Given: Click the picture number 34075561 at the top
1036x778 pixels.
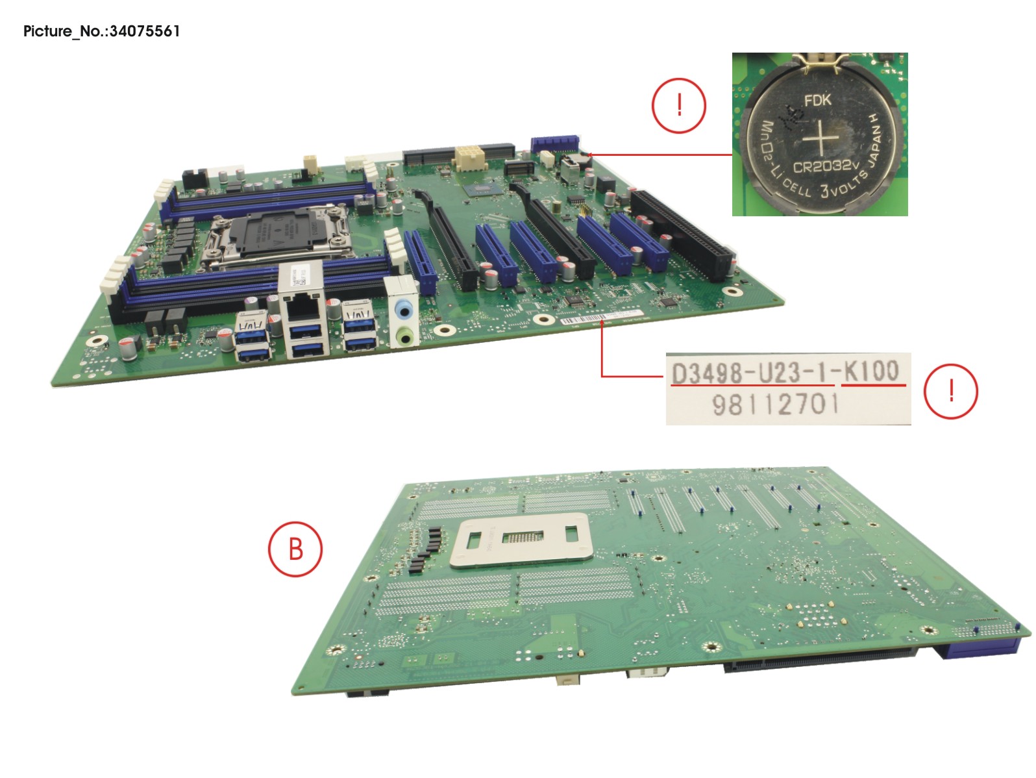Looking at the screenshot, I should pyautogui.click(x=144, y=31).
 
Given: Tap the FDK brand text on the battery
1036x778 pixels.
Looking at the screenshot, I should pyautogui.click(x=817, y=101).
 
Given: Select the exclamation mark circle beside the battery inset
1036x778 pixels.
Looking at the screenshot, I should pyautogui.click(x=679, y=105).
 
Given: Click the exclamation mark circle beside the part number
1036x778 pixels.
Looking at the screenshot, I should pyautogui.click(x=950, y=391).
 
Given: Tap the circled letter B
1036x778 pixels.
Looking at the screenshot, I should pyautogui.click(x=295, y=549).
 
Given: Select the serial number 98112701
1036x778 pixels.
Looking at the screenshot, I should pyautogui.click(x=776, y=405).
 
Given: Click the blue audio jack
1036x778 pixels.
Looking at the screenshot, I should pyautogui.click(x=404, y=311).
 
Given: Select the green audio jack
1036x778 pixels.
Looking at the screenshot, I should pyautogui.click(x=404, y=336).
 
